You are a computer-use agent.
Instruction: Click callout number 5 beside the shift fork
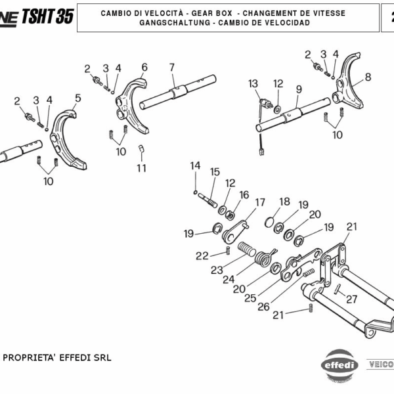coord(77,98)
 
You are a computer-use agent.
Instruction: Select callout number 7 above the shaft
coord(171,67)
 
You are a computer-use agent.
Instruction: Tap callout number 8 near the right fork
coord(368,77)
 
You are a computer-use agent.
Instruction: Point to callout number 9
coord(298,89)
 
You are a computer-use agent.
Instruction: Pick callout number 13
coord(253,83)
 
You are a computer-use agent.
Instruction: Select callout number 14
coord(195,165)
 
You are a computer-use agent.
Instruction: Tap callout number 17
coord(260,202)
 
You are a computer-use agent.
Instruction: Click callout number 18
coord(284,202)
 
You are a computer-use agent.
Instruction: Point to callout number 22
coord(202,255)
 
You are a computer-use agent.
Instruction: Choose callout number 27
coord(351,299)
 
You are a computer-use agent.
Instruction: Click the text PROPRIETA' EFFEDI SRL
coord(58,358)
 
